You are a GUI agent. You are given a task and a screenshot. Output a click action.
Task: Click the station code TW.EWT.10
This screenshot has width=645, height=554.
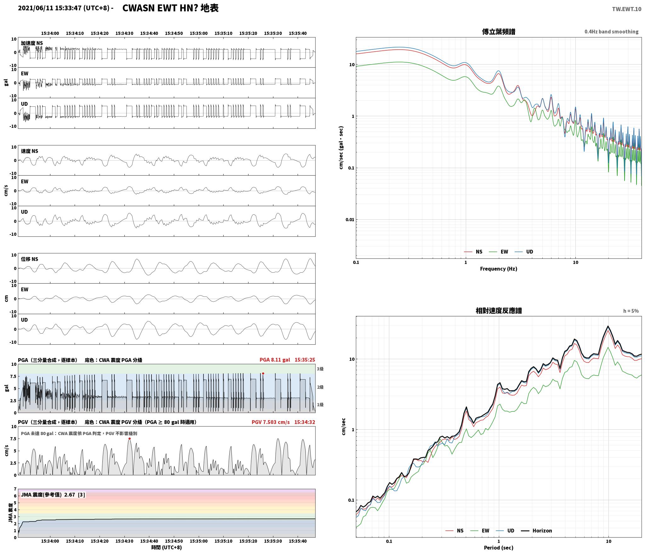tap(626, 9)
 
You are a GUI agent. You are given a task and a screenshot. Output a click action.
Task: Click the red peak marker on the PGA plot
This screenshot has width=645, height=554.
tap(263, 374)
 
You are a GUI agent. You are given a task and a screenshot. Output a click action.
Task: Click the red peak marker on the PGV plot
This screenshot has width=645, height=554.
tap(129, 438)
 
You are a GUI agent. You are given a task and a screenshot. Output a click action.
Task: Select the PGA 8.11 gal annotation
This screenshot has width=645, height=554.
tap(275, 360)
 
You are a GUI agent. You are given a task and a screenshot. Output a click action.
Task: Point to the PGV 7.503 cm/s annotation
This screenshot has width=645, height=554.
tap(271, 422)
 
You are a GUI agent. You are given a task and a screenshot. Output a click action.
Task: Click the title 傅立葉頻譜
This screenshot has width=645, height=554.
tap(499, 32)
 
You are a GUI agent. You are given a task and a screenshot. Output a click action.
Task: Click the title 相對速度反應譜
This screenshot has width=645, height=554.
tap(499, 311)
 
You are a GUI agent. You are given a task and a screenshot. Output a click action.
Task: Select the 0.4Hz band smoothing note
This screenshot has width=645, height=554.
tap(611, 32)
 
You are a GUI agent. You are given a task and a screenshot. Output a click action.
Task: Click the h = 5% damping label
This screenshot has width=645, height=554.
tap(631, 311)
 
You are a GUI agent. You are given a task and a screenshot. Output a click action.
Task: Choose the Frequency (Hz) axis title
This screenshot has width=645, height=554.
tap(499, 269)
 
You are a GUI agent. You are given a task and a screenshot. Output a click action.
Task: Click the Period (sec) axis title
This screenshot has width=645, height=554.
tap(499, 548)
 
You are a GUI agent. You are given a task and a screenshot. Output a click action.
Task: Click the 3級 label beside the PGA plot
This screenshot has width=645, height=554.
tap(320, 369)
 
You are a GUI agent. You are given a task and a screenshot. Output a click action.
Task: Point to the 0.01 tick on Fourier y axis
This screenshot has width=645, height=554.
tap(350, 219)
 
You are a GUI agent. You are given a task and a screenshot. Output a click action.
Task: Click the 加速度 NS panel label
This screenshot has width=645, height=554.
tap(32, 43)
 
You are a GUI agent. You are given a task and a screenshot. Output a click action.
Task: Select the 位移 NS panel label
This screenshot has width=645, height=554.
tap(30, 259)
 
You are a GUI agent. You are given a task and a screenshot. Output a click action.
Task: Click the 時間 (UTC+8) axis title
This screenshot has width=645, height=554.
tap(167, 547)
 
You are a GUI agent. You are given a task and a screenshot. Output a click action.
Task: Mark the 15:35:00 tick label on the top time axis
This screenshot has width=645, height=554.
tap(198, 33)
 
